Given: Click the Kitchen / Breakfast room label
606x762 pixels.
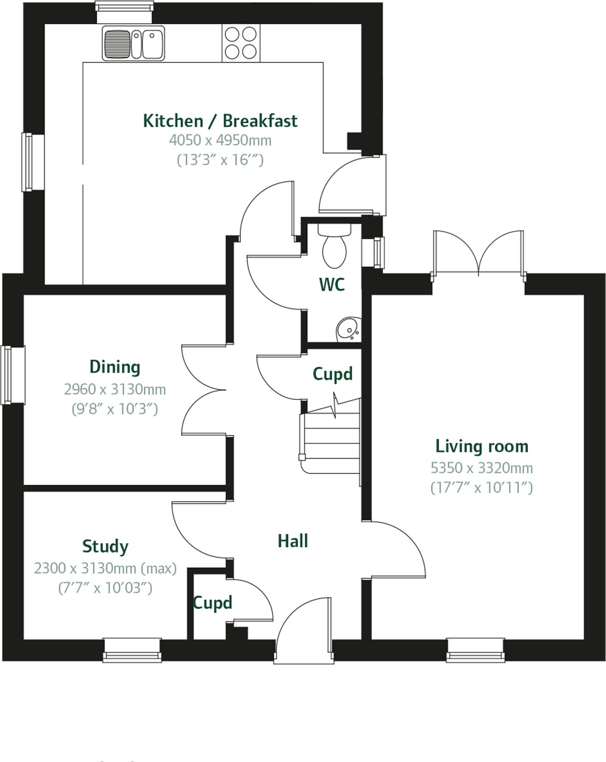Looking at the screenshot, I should click(x=220, y=121).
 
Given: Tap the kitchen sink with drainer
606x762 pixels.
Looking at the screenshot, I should click(x=133, y=43).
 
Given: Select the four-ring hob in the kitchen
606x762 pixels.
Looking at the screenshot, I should click(x=240, y=43).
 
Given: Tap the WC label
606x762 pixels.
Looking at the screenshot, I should click(x=332, y=285).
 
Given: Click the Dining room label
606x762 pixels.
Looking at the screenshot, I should click(x=115, y=367).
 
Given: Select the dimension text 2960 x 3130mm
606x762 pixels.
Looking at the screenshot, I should click(x=115, y=390).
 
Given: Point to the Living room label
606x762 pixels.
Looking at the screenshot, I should click(x=482, y=447).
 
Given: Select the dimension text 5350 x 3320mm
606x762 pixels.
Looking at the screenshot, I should click(x=481, y=468).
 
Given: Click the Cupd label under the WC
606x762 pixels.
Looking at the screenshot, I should click(x=332, y=374).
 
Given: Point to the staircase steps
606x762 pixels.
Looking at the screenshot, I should click(x=331, y=443).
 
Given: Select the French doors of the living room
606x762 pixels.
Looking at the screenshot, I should click(x=478, y=254).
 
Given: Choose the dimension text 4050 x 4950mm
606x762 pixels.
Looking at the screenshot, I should click(x=220, y=141).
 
